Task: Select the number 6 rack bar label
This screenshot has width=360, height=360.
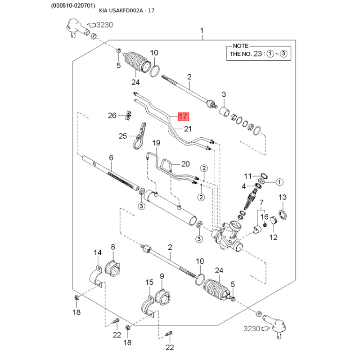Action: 111,157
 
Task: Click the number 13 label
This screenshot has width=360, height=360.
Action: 282,198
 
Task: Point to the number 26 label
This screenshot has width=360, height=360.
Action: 112,116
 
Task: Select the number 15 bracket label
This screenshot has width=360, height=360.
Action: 149,282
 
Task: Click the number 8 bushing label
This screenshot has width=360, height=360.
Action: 113,247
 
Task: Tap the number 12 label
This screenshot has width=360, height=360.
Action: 273,238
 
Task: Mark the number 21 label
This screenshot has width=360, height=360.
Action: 187,129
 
